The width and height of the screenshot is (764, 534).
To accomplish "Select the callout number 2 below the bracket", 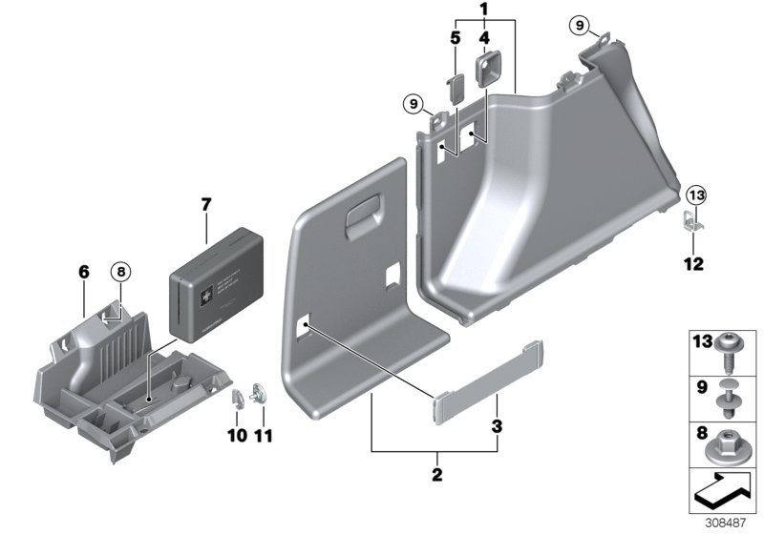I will (x=437, y=473).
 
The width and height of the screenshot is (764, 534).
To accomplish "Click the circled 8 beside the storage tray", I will (x=121, y=271).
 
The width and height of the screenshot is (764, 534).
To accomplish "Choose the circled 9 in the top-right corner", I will (x=603, y=24).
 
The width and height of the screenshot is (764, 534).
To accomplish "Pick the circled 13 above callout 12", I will (x=695, y=196).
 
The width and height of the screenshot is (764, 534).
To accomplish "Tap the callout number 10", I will (x=238, y=435).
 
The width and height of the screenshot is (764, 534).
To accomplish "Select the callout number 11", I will (x=264, y=435).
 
